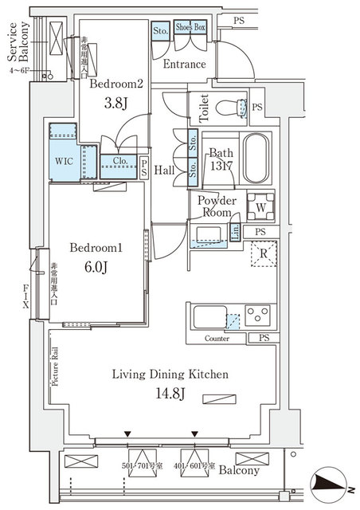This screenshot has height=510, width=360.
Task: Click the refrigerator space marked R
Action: tap(263, 255)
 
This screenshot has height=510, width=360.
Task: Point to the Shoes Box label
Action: tap(190, 28)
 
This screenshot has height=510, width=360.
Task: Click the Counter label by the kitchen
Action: tap(216, 339)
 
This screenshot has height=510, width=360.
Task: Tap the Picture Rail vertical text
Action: tap(55, 366)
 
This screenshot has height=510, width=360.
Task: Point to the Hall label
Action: tap(165, 170)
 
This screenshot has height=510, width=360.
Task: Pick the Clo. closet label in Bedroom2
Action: tap(120, 161)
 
